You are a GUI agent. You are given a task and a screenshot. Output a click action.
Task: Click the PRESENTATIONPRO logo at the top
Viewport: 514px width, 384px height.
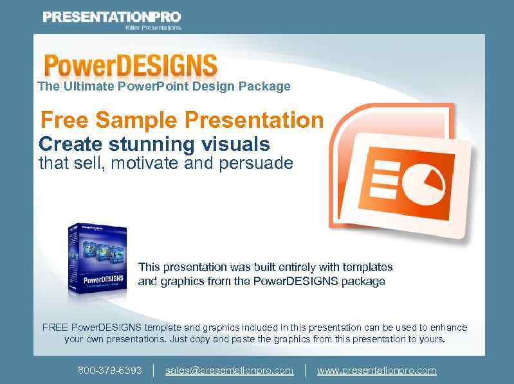(111, 17)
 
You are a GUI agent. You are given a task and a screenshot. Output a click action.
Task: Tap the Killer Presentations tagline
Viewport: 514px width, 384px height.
(152, 28)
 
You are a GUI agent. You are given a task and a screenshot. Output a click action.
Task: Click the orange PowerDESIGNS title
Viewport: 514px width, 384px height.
(131, 66)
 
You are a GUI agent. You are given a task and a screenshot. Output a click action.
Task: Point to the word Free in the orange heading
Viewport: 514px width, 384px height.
(64, 120)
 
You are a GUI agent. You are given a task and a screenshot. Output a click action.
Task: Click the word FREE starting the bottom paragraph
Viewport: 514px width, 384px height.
(55, 327)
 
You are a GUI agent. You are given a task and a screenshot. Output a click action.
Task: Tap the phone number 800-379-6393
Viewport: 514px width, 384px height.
(110, 371)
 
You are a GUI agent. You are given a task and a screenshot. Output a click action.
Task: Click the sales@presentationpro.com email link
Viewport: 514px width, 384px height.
(229, 371)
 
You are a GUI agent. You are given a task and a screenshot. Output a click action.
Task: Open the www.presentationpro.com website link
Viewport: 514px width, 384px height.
(376, 371)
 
